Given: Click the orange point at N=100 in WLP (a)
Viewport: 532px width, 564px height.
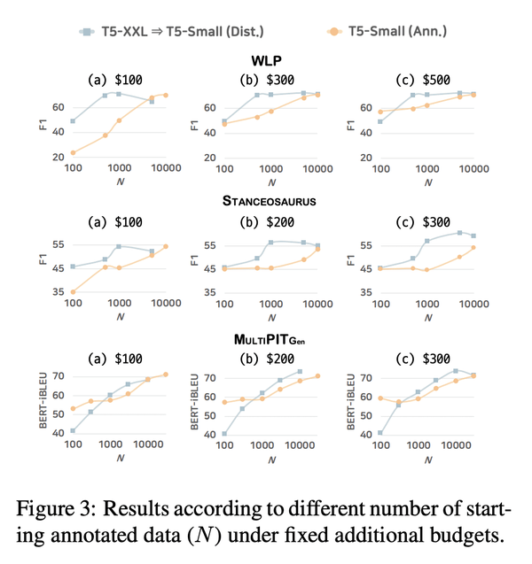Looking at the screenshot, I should (x=73, y=152).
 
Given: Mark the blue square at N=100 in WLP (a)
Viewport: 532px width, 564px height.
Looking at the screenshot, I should (x=73, y=121).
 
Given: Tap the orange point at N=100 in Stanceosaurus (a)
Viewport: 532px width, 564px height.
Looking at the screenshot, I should (x=73, y=291).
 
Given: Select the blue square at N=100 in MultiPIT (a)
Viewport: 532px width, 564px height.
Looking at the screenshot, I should (x=73, y=431).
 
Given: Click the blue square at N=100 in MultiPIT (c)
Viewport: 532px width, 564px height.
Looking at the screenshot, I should (x=380, y=433).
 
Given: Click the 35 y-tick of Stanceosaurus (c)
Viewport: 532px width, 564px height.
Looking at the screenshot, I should (x=366, y=292).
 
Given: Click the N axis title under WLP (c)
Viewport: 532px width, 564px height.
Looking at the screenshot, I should (x=427, y=182).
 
